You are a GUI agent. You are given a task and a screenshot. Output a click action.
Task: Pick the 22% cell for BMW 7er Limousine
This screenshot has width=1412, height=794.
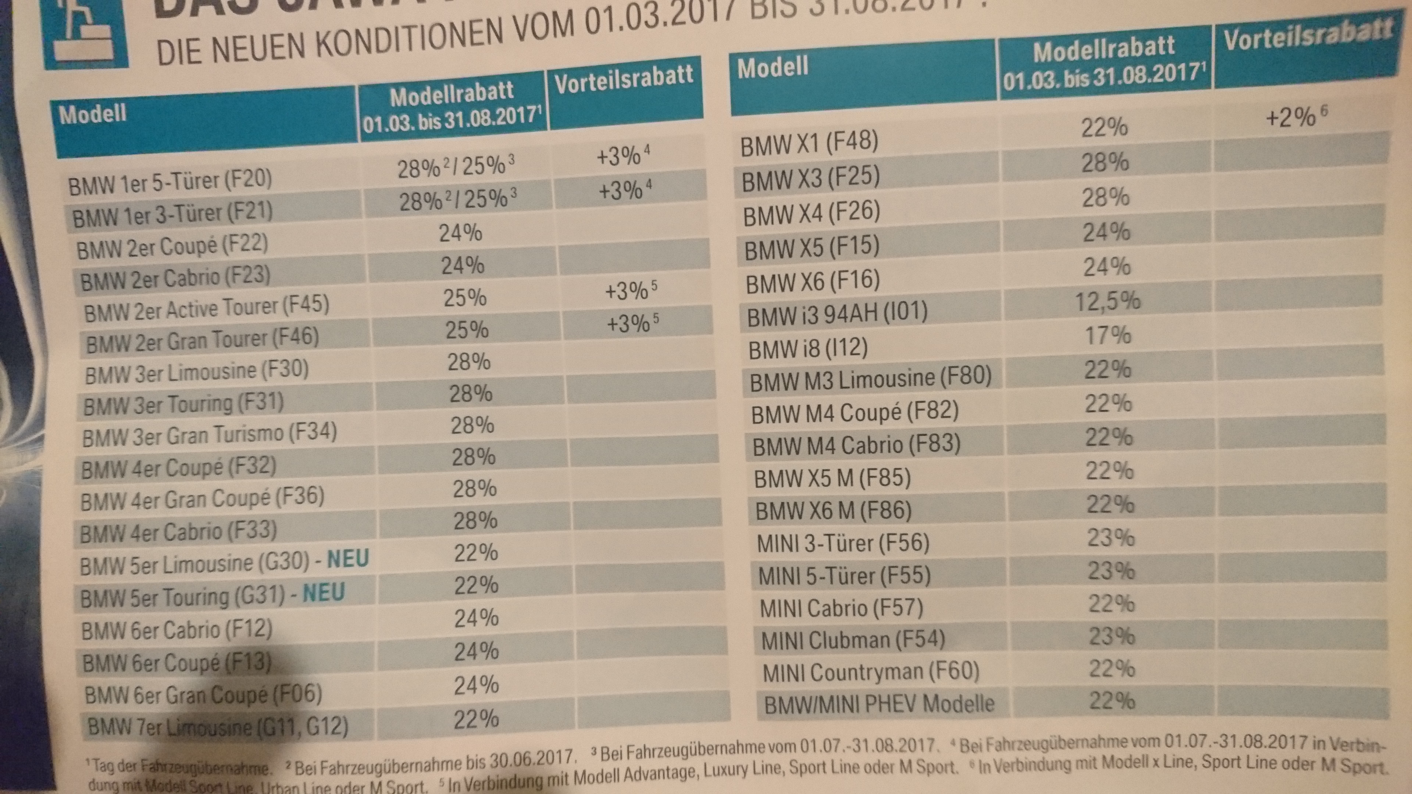(476, 719)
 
